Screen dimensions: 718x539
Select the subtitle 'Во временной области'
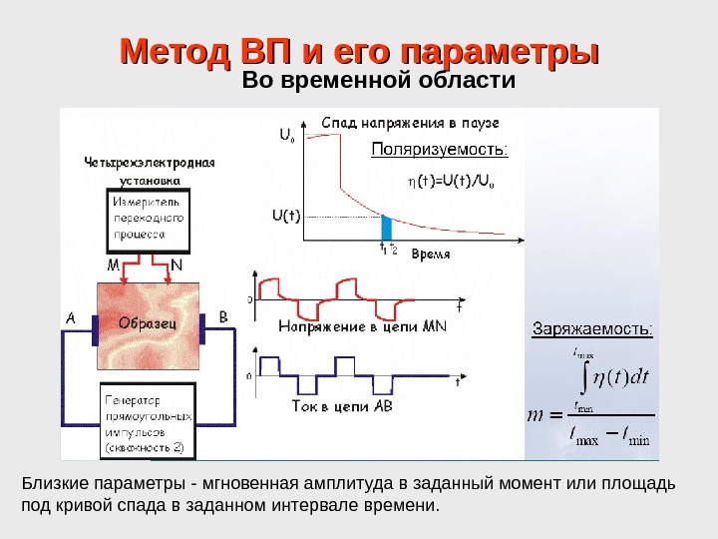coord(379,80)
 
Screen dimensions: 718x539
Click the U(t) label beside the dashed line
coord(285,214)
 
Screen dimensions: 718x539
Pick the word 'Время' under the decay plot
coord(431,254)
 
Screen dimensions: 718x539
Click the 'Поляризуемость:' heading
coord(440,151)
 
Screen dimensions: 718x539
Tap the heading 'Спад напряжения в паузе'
coord(410,123)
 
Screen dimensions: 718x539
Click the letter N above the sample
coord(177,267)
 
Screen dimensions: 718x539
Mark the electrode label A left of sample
coord(71,317)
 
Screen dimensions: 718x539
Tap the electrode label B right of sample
coord(222,317)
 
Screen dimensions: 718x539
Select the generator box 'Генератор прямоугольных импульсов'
coord(148,420)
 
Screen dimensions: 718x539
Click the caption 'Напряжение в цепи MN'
coord(363,325)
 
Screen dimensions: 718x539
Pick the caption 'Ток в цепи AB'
coord(342,406)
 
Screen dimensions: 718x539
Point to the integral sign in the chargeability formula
coord(583,377)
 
